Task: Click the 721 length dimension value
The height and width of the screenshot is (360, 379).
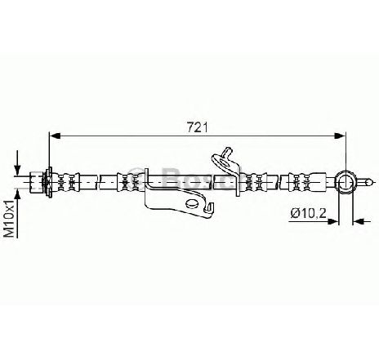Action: click(198, 127)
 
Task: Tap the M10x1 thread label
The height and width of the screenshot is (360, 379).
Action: click(11, 218)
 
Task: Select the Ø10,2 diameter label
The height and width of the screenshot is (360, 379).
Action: click(308, 213)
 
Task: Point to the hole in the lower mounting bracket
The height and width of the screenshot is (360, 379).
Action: click(192, 203)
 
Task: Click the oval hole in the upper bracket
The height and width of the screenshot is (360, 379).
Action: click(225, 163)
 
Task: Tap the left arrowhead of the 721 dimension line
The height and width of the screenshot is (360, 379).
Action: click(56, 136)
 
